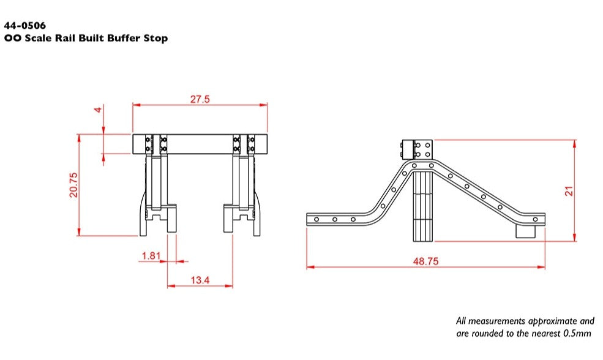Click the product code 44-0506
[x=25, y=26]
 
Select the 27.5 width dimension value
[x=200, y=99]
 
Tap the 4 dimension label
[x=96, y=110]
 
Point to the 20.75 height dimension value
[x=73, y=184]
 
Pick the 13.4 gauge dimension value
[x=200, y=280]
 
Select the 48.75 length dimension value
[x=425, y=261]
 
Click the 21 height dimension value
[x=569, y=191]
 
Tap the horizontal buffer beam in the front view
[x=200, y=144]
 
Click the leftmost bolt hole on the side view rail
[x=316, y=219]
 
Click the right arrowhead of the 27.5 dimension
[x=265, y=105]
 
